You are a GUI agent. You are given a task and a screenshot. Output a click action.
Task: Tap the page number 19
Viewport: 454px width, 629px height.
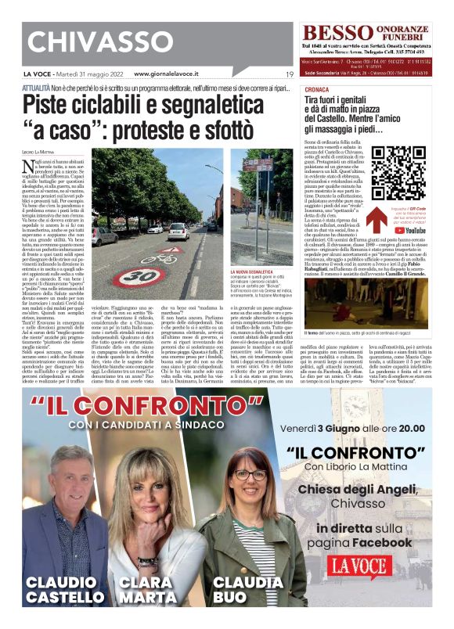(x=290, y=74)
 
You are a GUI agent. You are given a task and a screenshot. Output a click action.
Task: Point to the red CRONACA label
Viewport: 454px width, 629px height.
(x=315, y=90)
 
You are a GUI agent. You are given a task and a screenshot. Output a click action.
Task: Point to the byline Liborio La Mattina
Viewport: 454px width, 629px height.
(x=38, y=150)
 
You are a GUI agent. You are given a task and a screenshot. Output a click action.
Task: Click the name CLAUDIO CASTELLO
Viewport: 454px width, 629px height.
(x=65, y=590)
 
